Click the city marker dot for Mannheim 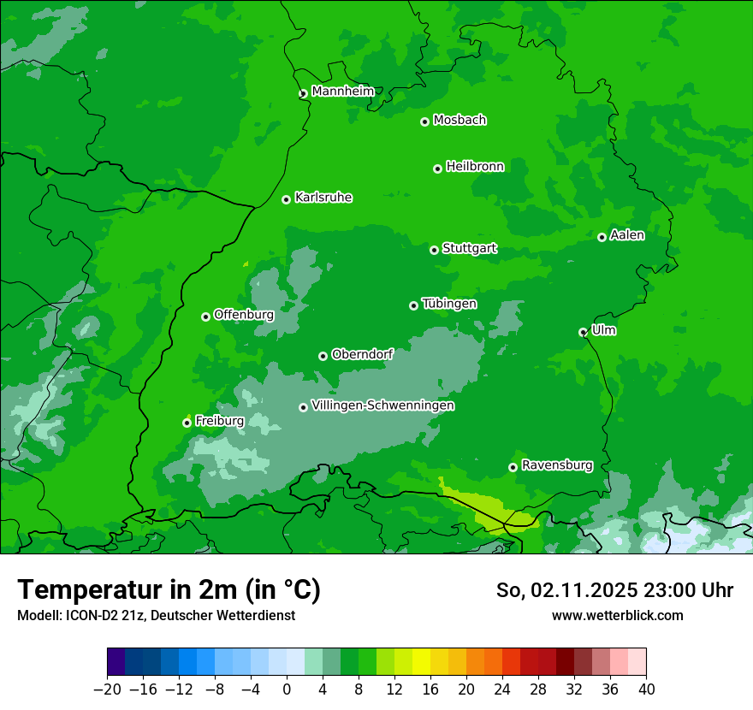303,94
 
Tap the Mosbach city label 460,121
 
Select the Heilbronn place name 475,167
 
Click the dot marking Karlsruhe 286,200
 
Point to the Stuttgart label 469,249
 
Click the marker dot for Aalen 602,238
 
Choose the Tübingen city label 449,304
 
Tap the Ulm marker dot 583,333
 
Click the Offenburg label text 244,315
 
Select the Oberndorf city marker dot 323,357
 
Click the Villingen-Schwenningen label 382,405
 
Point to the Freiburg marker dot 187,423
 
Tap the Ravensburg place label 557,465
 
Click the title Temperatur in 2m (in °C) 169,590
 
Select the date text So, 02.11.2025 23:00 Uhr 614,590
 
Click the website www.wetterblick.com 617,615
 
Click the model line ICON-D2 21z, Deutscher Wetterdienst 156,615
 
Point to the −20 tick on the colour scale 107,689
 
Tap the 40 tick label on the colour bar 646,689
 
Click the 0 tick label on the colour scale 287,689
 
